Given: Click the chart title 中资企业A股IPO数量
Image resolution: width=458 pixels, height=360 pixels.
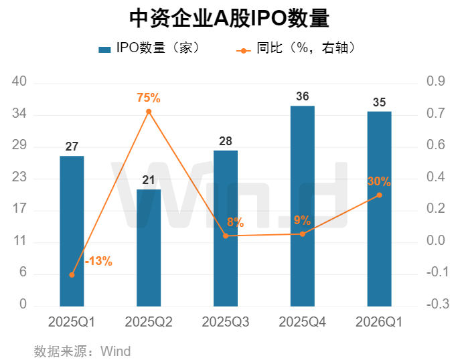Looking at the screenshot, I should tap(229, 18).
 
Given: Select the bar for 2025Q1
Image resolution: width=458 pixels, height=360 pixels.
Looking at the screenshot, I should tap(72, 231).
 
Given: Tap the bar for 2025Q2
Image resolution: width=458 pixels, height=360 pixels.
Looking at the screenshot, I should tap(149, 248).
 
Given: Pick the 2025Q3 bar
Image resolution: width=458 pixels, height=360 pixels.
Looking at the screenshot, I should tap(226, 228).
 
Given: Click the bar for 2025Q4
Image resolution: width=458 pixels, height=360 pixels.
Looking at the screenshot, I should tap(303, 206).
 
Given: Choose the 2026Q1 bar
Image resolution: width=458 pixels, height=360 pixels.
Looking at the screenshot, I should tap(379, 209).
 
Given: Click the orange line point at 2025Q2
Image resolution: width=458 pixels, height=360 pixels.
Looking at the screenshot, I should tap(149, 112).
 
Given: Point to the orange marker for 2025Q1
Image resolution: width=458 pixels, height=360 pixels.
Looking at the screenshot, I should tap(72, 275).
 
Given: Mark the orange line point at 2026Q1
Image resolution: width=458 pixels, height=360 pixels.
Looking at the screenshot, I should tap(379, 195).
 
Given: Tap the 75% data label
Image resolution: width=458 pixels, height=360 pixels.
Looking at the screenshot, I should tap(149, 98).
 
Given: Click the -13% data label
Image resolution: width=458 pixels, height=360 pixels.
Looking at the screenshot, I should tap(98, 261).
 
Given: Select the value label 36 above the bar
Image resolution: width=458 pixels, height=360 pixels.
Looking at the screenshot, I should tap(303, 96).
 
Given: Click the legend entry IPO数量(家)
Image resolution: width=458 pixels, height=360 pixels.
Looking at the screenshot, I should tap(149, 48).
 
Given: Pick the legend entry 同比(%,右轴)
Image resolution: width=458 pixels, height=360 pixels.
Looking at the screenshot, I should tap(295, 48).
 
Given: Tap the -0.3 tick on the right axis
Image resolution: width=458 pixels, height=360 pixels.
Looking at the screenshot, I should tap(437, 304).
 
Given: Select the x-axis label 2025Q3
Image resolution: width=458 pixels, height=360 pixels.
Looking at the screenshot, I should tap(226, 322).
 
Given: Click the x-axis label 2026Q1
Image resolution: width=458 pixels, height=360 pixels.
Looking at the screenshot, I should tap(379, 322).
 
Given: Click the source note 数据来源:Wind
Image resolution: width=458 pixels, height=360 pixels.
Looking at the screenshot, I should tap(82, 351).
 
